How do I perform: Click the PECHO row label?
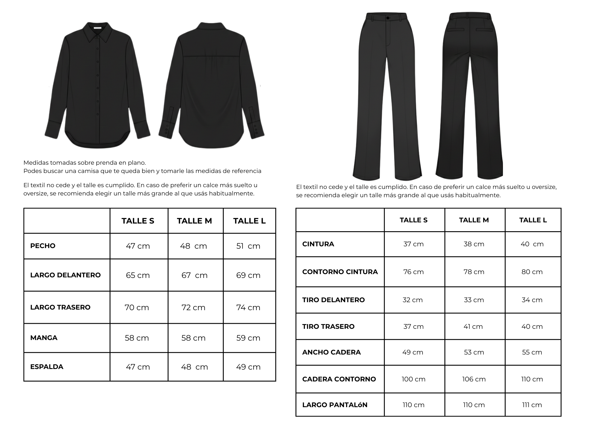(x=43, y=246)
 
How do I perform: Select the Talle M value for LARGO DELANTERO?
(x=194, y=275)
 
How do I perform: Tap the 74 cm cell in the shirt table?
(x=248, y=308)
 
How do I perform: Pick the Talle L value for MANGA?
(x=248, y=338)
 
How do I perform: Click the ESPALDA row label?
(x=47, y=367)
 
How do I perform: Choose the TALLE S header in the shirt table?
(x=138, y=221)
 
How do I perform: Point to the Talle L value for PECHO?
(x=248, y=246)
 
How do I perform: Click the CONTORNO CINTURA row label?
(x=340, y=272)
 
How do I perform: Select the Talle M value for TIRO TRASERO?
(x=473, y=326)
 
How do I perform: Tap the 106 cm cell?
(x=474, y=379)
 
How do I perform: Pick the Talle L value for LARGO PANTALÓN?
(x=532, y=405)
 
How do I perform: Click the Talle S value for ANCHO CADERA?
(x=413, y=352)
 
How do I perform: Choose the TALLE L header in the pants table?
(x=533, y=220)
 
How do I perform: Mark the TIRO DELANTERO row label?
(x=333, y=300)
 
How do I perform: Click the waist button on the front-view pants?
(x=388, y=18)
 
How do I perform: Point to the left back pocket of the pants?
(x=456, y=30)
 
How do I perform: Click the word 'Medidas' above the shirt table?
(x=36, y=163)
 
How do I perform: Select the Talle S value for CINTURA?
(x=413, y=244)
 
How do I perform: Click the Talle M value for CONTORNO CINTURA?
(x=474, y=272)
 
